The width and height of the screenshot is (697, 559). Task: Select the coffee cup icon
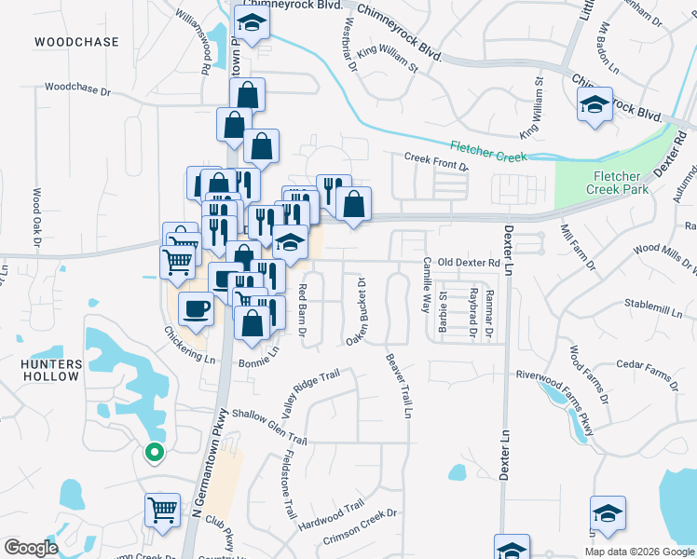tap(195, 308)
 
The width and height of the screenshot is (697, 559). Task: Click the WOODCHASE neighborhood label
tap(76, 43)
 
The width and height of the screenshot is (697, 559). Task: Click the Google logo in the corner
tap(31, 548)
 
